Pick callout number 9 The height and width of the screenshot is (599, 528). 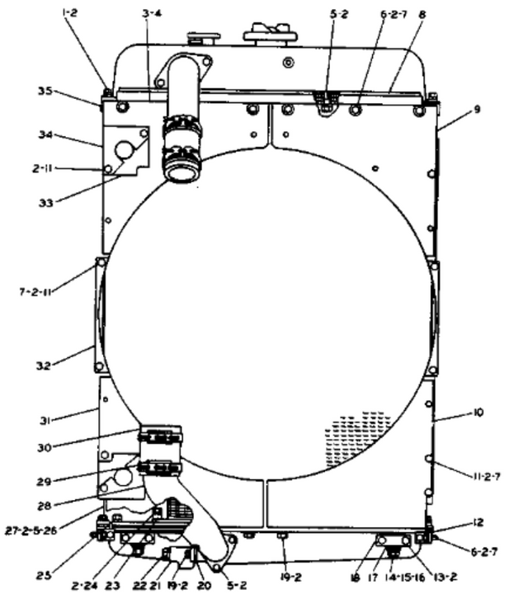(x=452, y=109)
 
